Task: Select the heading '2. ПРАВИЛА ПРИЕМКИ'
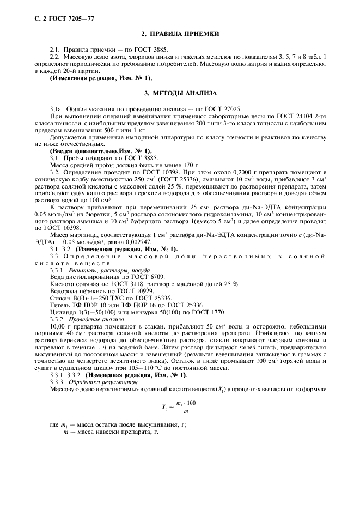coord(180,34)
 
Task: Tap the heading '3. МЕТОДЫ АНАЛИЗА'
coord(180,94)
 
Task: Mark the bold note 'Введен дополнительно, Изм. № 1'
coord(101,150)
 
